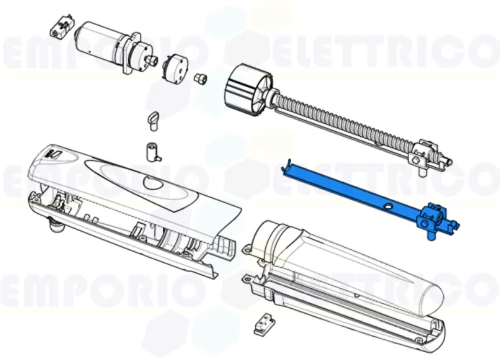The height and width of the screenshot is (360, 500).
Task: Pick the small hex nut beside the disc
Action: (x=200, y=77)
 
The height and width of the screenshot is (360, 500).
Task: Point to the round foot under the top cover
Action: (x=53, y=228)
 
